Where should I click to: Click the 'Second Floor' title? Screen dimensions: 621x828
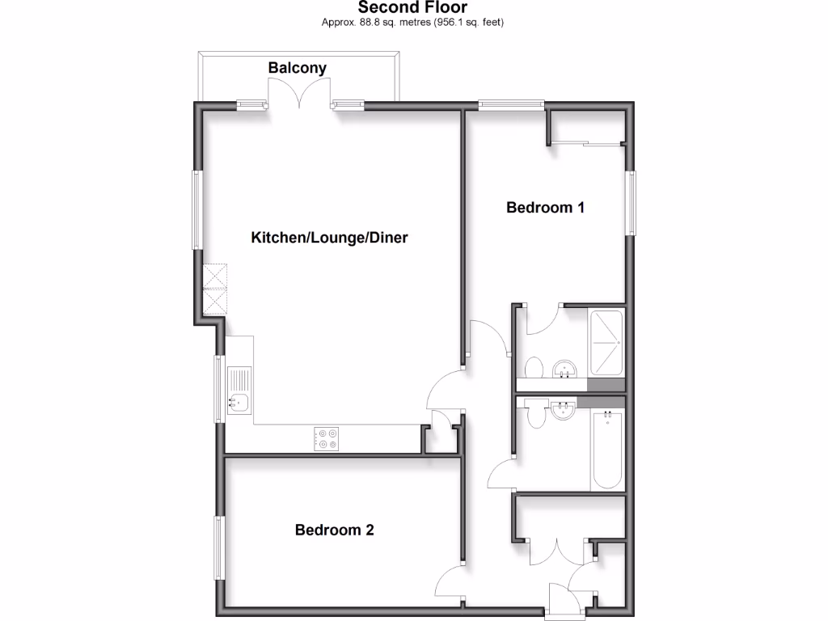[x=412, y=8]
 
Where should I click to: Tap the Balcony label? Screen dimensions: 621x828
[x=298, y=68]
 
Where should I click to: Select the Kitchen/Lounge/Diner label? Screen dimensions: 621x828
[x=329, y=238]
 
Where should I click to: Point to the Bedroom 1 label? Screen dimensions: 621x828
[x=545, y=208]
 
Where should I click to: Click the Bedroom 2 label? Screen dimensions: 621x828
[x=334, y=530]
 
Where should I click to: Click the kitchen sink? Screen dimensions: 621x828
[x=240, y=391]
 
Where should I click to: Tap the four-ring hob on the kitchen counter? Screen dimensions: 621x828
[x=327, y=438]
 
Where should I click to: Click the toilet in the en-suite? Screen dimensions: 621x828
[x=534, y=368]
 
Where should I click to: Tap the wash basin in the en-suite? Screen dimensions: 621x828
[x=564, y=370]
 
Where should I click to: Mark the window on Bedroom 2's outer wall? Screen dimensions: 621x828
[x=218, y=547]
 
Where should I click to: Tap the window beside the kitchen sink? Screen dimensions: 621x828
[x=218, y=388]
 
